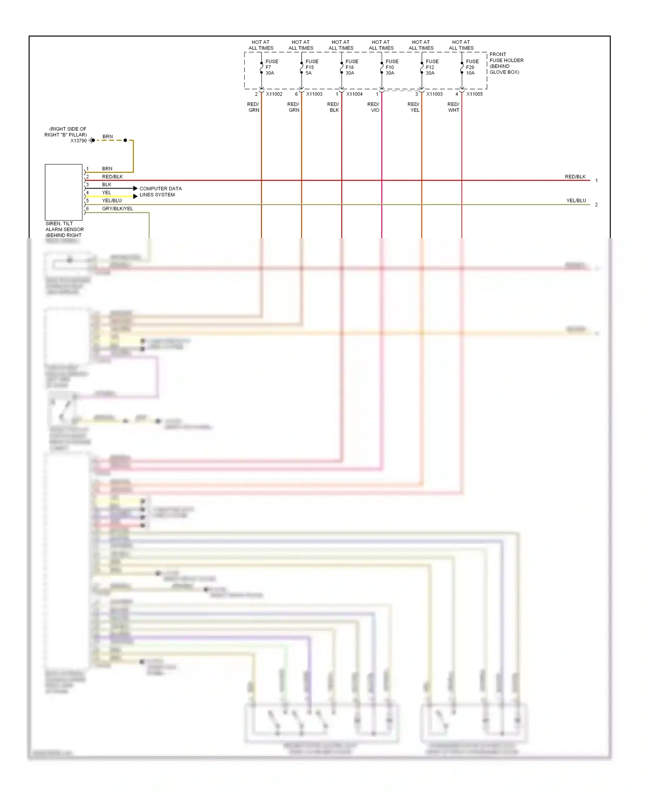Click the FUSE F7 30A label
coord(271,67)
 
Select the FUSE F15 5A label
coord(311,67)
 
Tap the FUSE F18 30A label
coord(352,67)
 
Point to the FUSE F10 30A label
coord(391,67)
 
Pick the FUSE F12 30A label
coord(431,67)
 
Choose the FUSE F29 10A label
coord(472,67)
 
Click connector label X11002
coord(274,94)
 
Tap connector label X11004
coord(354,94)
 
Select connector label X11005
coord(474,94)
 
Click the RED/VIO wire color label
coord(373,107)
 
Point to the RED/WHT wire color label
coord(453,107)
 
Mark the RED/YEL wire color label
coord(414,107)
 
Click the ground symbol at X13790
coord(92,140)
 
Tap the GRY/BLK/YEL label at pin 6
coord(117,208)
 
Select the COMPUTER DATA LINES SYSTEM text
coord(160,192)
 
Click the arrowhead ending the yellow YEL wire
coord(135,196)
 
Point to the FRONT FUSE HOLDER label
coord(506,63)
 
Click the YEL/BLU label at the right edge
coord(576,201)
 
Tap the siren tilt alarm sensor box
coord(63,192)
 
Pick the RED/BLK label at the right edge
coord(575,177)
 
